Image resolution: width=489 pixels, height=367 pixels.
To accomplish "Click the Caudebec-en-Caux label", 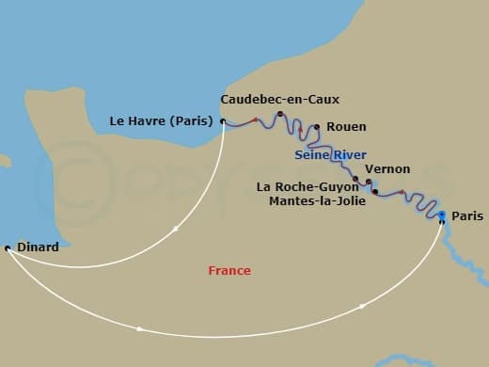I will pos(279,99).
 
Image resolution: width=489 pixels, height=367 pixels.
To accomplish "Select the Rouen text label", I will pos(348,127).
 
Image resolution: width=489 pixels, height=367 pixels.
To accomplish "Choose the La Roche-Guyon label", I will pos(308,186).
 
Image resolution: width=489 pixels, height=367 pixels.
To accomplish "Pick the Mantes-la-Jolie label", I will pos(313,200).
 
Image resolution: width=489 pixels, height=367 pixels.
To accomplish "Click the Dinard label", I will pos(38,247).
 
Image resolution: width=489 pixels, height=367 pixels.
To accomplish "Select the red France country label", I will pos(229,271).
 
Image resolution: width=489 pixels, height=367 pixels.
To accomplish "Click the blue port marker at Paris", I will pos(441,215).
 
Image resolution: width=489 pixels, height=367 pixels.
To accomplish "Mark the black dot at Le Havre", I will pos(223,120).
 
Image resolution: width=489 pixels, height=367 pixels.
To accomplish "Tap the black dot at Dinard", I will pos(8,247).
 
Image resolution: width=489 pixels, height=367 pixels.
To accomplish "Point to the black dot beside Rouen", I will pos(317,126).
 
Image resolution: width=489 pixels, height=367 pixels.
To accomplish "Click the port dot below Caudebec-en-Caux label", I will pos(280,115).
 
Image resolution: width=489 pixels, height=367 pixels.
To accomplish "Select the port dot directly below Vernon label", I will pos(369,182).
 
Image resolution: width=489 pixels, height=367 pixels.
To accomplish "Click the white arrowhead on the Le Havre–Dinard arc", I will pos(176,229).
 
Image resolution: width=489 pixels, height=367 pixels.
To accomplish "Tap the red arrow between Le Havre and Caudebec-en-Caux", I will pos(254,120).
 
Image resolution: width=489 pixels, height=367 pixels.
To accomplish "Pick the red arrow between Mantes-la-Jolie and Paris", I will pos(403,194).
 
